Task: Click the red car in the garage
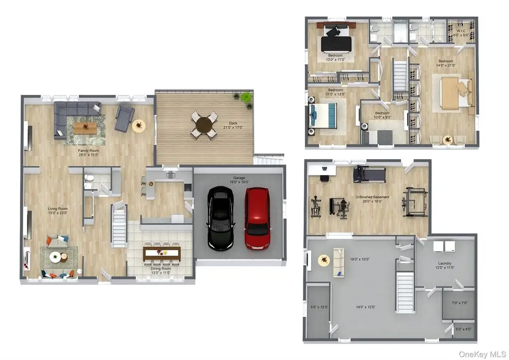[257, 218]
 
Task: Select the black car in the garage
[220, 218]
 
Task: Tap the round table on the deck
[203, 125]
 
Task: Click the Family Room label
[88, 153]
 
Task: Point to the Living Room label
[58, 211]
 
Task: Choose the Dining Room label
[161, 270]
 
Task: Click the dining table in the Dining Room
[162, 253]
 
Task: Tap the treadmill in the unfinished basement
[369, 175]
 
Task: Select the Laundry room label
[445, 265]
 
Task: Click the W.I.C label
[461, 33]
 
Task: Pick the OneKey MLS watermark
[482, 354]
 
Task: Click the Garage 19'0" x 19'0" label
[239, 180]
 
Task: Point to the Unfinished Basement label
[372, 199]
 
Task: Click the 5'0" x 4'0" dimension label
[463, 329]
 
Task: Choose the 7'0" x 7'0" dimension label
[459, 303]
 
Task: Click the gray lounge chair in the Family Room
[124, 118]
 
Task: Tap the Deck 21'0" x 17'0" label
[233, 125]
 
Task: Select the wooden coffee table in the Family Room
[85, 128]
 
